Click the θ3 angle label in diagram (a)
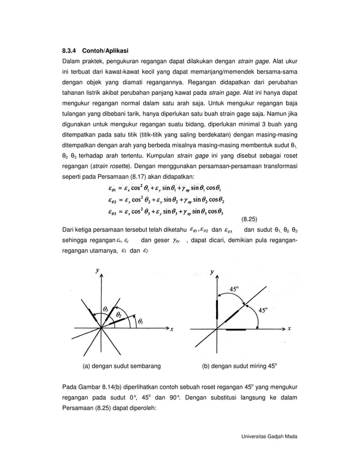click(x=106, y=308)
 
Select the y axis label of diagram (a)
click(x=97, y=271)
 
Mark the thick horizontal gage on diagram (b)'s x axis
click(x=243, y=328)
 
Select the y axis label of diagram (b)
click(x=212, y=272)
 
